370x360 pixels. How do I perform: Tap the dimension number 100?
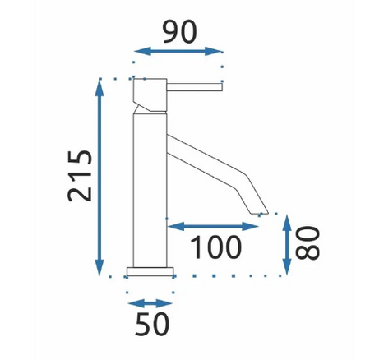click(x=215, y=245)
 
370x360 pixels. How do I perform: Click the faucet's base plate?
click(x=151, y=272)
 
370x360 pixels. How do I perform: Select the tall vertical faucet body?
click(x=150, y=189)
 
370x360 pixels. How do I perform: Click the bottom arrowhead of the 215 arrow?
click(x=99, y=268)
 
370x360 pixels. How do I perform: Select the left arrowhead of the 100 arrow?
click(x=171, y=224)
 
